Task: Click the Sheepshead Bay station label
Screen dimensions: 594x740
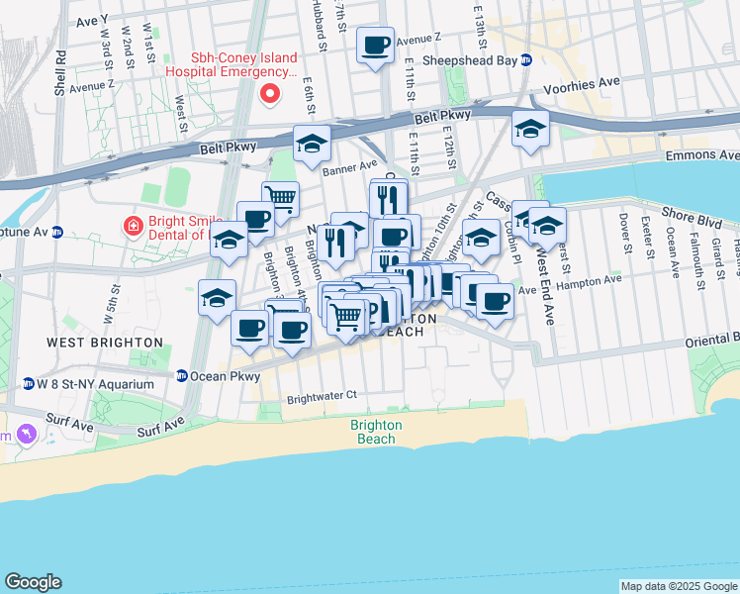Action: [470, 59]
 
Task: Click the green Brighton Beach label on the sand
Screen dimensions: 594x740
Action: [376, 432]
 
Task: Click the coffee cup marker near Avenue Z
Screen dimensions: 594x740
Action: [375, 46]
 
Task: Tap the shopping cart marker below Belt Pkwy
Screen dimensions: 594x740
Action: [281, 198]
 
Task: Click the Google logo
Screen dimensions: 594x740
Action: [33, 582]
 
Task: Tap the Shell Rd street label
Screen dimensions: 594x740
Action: [61, 74]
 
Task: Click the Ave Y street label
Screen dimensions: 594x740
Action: [91, 19]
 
